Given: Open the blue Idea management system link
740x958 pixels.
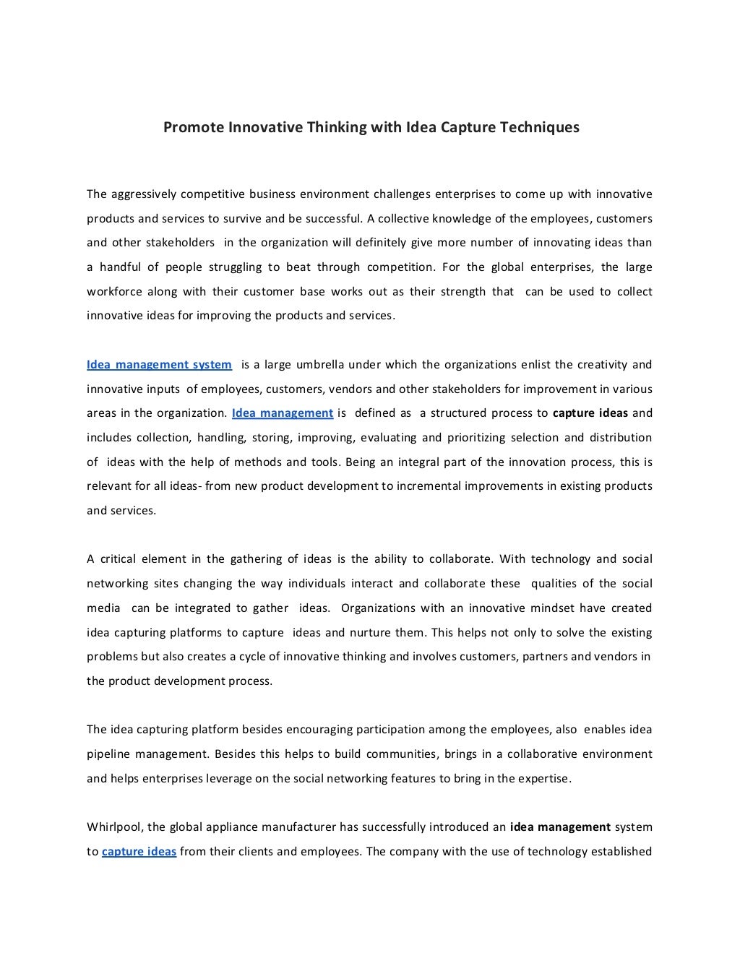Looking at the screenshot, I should (x=159, y=365).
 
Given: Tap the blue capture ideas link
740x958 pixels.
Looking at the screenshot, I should (x=139, y=852).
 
